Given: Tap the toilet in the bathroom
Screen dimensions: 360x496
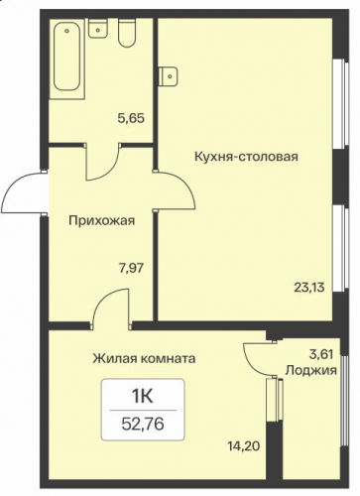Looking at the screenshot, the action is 127,33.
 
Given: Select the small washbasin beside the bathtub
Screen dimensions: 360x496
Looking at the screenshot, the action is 98,29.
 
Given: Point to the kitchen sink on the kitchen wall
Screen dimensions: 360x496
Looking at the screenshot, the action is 168,76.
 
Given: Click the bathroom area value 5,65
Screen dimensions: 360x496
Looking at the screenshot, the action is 131,118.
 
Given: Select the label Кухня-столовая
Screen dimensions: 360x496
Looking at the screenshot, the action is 246,156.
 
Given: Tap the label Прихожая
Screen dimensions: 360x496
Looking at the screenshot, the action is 102,220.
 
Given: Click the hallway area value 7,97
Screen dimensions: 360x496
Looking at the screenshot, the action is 131,268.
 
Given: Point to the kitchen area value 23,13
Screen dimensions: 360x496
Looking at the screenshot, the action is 309,287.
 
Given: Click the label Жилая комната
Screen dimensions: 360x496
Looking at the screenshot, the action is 144,358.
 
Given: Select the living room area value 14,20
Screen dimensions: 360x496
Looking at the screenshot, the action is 244,446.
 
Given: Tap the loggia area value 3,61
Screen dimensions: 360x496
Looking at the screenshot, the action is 320,354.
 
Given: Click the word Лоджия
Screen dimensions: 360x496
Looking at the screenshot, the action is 311,370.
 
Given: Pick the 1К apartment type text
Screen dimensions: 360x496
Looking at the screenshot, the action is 143,396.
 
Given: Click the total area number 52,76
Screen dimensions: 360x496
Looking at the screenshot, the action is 143,424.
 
